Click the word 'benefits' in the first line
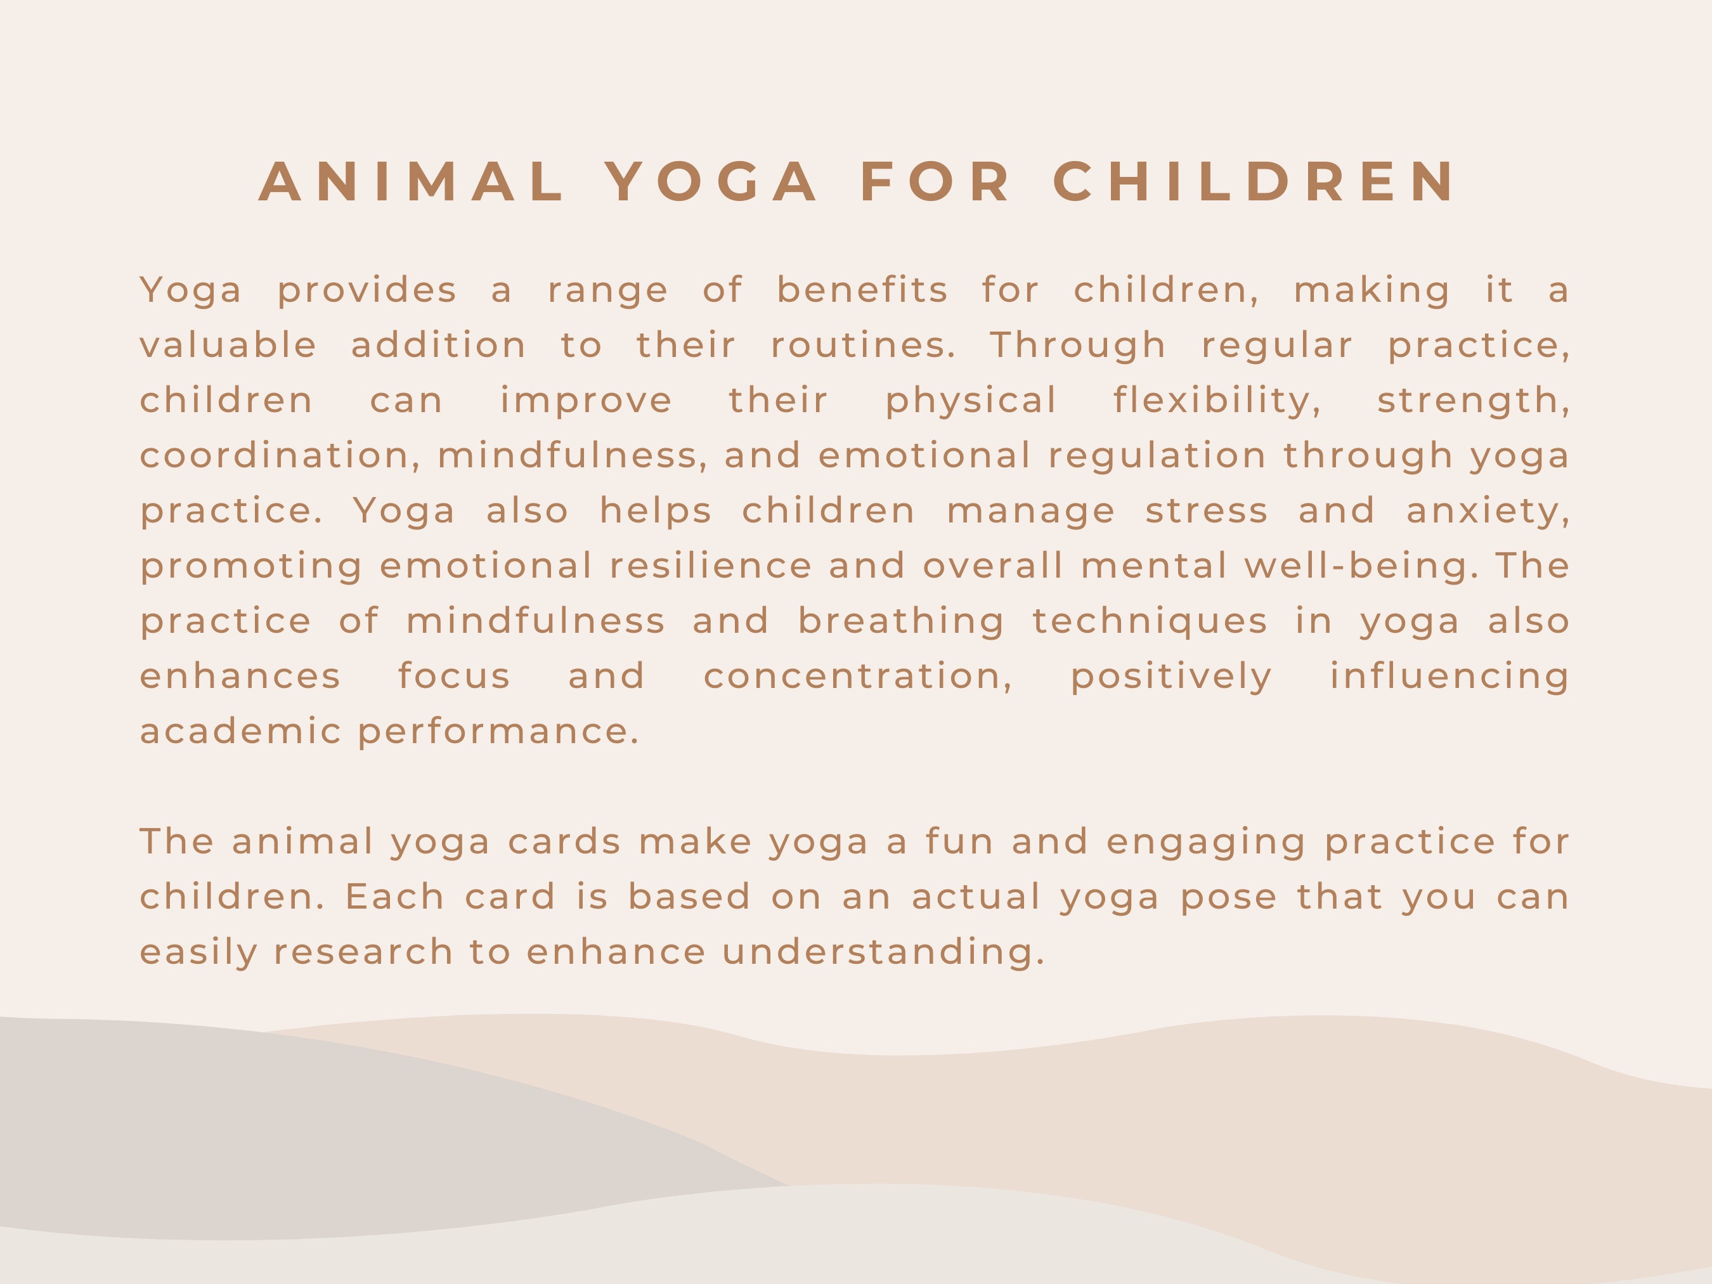862,290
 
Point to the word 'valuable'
228,345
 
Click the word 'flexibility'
1217,400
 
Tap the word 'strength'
1473,400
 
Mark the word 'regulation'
1157,455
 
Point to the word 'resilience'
711,566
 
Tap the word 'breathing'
902,621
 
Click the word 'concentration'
857,677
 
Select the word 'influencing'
1449,677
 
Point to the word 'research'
363,952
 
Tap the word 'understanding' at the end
883,952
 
